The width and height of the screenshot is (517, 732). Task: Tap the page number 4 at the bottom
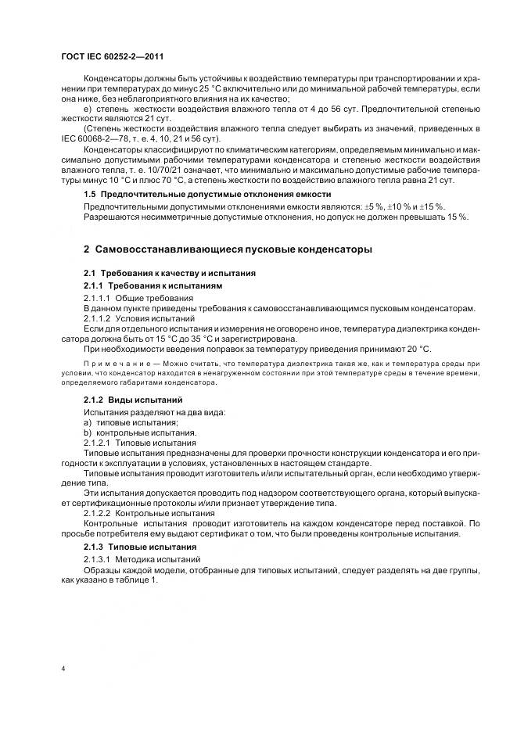point(63,669)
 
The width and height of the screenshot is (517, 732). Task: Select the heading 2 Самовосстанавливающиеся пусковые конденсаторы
point(228,249)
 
